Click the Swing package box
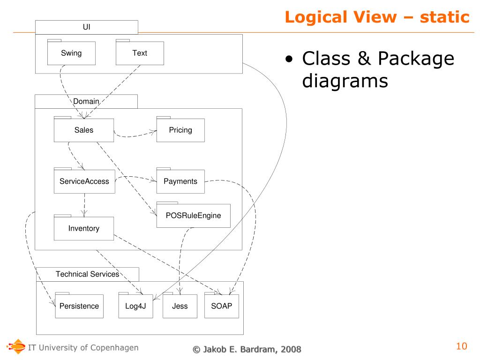pyautogui.click(x=71, y=53)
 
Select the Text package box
pyautogui.click(x=140, y=53)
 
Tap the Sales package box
pyautogui.click(x=84, y=130)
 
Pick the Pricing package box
pyautogui.click(x=180, y=130)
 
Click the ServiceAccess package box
pyautogui.click(x=84, y=181)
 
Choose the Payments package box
pyautogui.click(x=180, y=181)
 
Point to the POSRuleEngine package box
pyautogui.click(x=193, y=216)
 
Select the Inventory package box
pyautogui.click(x=84, y=229)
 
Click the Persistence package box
pyautogui.click(x=79, y=306)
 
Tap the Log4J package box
pyautogui.click(x=135, y=306)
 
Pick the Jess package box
pyautogui.click(x=180, y=306)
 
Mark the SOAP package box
pyautogui.click(x=222, y=306)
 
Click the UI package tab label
pyautogui.click(x=87, y=27)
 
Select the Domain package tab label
pyautogui.click(x=86, y=101)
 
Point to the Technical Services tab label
pyautogui.click(x=88, y=274)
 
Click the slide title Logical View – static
pyautogui.click(x=377, y=17)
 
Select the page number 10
pyautogui.click(x=462, y=346)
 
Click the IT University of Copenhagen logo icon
pyautogui.click(x=17, y=347)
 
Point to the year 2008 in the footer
pyautogui.click(x=291, y=349)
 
